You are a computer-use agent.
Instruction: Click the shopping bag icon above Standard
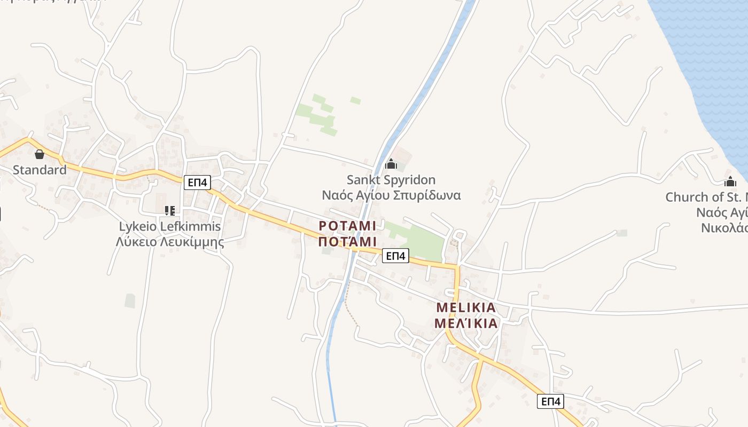(40, 155)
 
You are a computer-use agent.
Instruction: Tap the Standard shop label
(40, 170)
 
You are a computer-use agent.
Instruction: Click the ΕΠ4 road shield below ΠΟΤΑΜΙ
(395, 256)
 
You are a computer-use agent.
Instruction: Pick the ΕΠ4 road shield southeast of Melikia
(550, 401)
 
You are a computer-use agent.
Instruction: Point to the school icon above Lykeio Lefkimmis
(170, 211)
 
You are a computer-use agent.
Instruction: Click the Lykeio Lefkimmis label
(170, 226)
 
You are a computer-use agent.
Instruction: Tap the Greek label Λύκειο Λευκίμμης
(170, 242)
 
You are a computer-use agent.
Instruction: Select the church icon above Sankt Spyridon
(391, 164)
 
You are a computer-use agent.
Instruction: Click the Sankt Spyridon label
(391, 180)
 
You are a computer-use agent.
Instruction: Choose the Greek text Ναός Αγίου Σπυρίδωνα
(391, 195)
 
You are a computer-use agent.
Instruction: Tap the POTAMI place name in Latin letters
(348, 226)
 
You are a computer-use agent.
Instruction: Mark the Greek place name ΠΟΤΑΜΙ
(348, 242)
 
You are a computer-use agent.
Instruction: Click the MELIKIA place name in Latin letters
(466, 308)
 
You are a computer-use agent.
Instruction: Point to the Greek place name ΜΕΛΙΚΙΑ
(466, 323)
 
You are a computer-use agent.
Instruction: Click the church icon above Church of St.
(730, 181)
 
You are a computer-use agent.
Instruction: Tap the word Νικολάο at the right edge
(724, 228)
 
